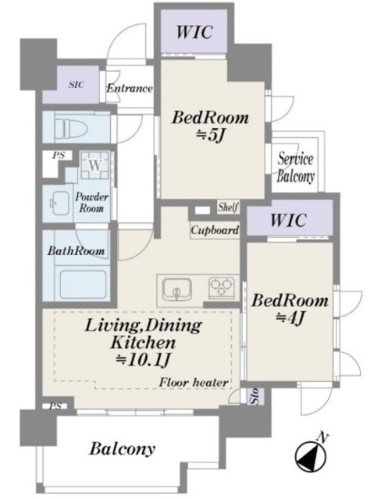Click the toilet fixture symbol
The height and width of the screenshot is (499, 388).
[71, 128]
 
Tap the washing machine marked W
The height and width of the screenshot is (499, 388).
[94, 165]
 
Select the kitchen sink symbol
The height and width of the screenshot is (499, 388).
[177, 289]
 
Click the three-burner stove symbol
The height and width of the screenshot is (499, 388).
[222, 288]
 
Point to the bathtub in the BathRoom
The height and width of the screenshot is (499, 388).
[83, 285]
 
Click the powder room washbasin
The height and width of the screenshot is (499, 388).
[59, 203]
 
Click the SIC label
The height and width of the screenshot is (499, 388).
[77, 85]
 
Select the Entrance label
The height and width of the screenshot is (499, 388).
[130, 88]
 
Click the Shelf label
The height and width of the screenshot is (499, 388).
[228, 207]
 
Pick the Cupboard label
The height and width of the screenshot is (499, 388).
[215, 230]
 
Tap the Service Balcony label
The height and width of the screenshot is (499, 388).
[295, 168]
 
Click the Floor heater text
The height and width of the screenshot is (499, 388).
[194, 382]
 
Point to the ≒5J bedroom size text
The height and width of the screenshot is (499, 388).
[210, 135]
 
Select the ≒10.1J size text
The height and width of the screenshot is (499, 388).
[144, 360]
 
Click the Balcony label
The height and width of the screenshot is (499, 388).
[123, 449]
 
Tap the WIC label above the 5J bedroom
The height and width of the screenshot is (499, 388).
[194, 31]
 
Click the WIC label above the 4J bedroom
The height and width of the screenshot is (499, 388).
[288, 220]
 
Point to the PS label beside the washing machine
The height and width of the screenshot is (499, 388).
[59, 155]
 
